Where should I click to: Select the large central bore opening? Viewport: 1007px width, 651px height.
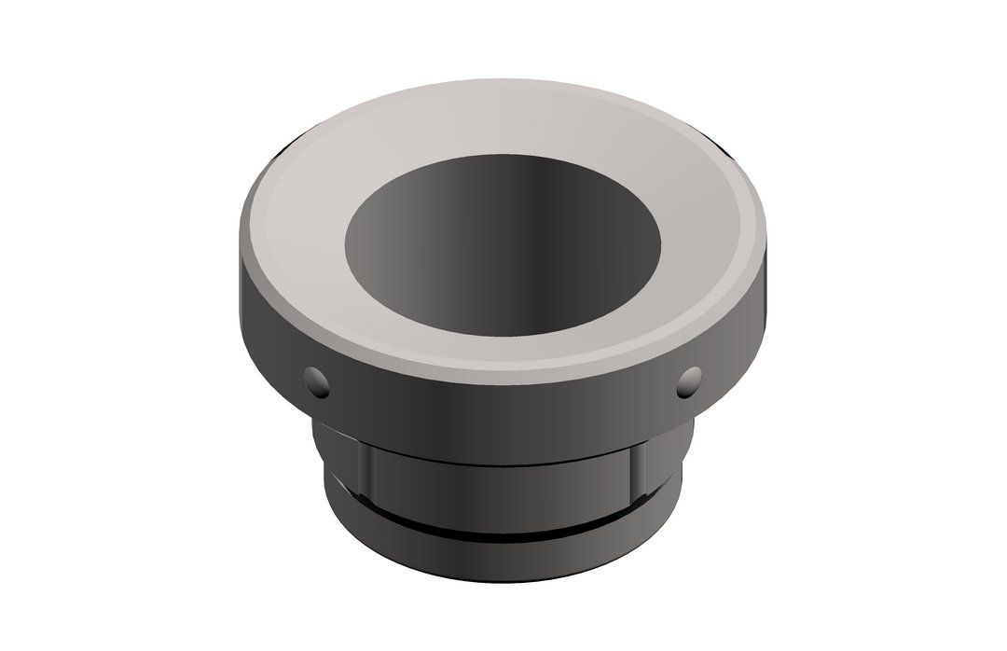click(504, 247)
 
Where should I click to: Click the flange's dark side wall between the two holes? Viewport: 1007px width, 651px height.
click(504, 401)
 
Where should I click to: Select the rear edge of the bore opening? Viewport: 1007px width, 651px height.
click(504, 155)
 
